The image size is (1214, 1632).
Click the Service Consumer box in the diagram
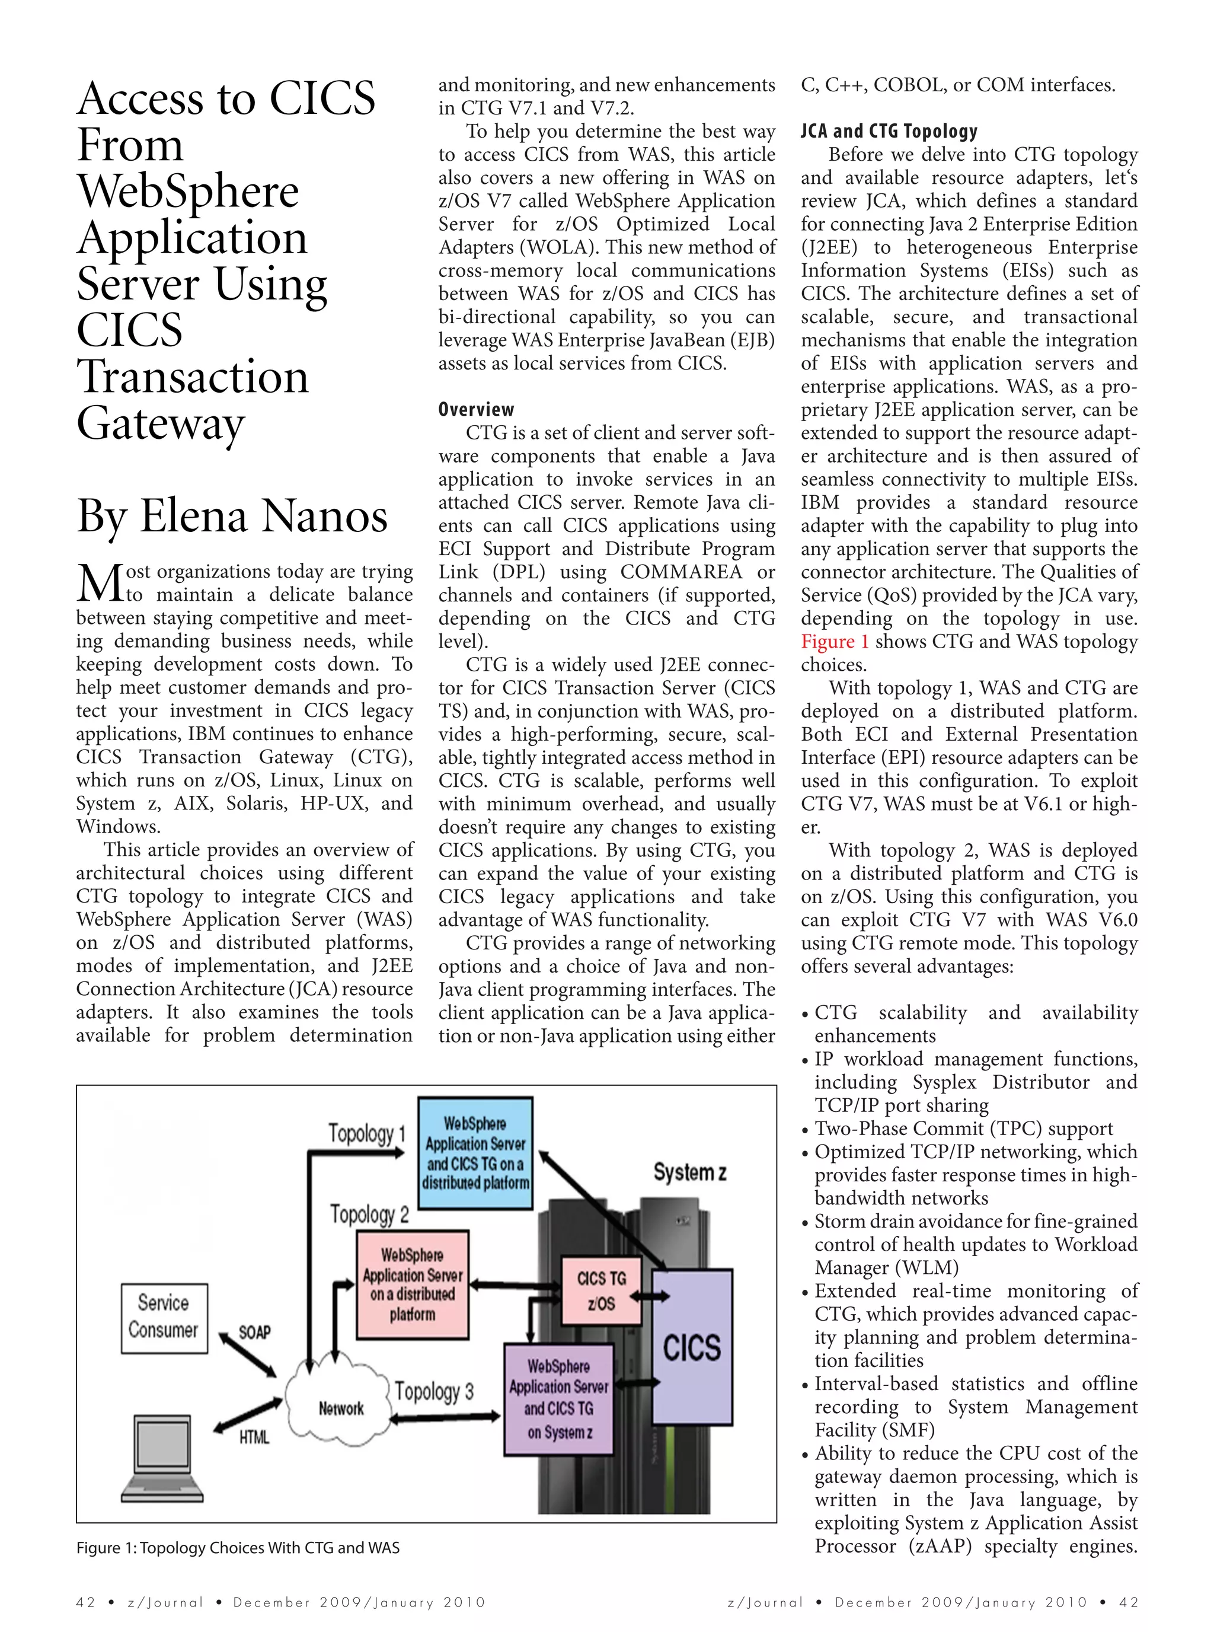pos(164,1318)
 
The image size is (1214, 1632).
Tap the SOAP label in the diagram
pos(254,1332)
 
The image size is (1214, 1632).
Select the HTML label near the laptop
pos(254,1436)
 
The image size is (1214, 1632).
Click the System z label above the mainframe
pos(689,1172)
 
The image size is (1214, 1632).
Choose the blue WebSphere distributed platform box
pos(475,1153)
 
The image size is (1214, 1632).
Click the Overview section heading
pos(475,409)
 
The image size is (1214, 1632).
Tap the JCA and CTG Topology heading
pos(889,132)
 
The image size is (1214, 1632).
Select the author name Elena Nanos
pos(263,517)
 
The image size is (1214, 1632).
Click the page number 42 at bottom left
pos(85,1602)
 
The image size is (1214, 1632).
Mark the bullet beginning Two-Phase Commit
pos(963,1129)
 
